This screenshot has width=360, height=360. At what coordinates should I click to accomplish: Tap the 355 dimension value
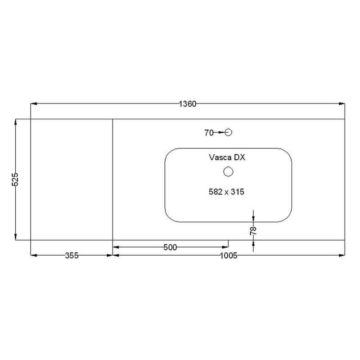pos(72,256)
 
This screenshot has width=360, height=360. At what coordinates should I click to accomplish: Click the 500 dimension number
pos(170,247)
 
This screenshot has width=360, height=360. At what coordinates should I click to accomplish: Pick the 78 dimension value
pos(253,231)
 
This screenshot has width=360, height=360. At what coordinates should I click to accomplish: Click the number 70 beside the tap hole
pos(208,132)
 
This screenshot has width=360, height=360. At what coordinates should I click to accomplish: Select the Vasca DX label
pos(226,157)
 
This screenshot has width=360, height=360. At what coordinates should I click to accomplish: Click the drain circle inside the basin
pos(228,171)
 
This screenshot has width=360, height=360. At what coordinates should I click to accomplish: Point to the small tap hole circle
pos(228,132)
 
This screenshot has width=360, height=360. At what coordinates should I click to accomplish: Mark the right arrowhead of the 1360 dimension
pos(342,104)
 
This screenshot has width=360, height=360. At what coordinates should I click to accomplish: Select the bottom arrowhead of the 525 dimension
pos(16,237)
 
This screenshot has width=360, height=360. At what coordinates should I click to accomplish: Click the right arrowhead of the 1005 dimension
pos(342,256)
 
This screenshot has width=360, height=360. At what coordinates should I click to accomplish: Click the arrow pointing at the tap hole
pos(221,132)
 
